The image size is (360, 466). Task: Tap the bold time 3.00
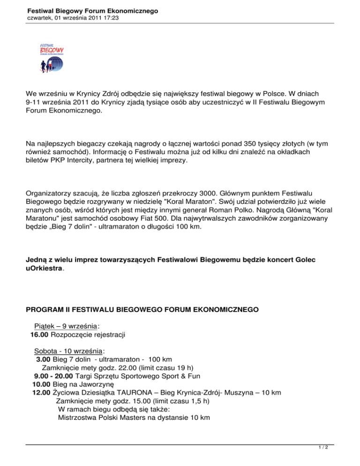click(45, 360)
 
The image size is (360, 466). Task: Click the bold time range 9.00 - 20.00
click(53, 378)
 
